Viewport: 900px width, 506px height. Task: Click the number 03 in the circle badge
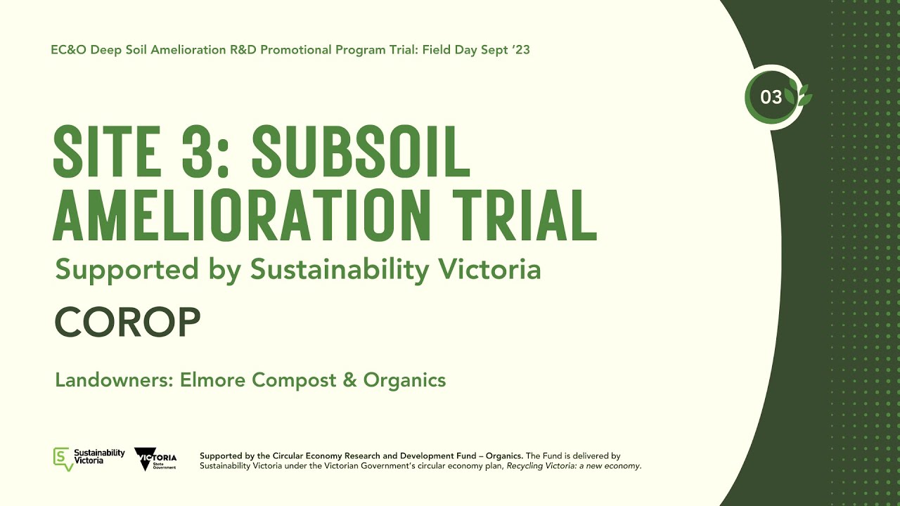(x=771, y=97)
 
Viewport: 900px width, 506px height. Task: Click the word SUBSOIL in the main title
(x=361, y=153)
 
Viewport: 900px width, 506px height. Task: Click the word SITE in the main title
(x=106, y=153)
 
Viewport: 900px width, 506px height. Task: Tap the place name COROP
(x=127, y=323)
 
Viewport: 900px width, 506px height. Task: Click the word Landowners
(x=114, y=380)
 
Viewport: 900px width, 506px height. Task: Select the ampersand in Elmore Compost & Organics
(x=349, y=380)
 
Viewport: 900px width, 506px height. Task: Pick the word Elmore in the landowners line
(x=214, y=380)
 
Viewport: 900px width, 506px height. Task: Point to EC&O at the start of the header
(x=67, y=50)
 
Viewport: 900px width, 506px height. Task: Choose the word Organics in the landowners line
(x=404, y=380)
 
